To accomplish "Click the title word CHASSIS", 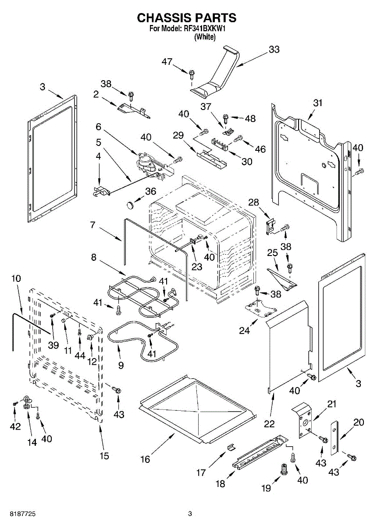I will [x=162, y=18].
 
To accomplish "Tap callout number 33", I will [x=274, y=50].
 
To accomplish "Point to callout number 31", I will [x=317, y=103].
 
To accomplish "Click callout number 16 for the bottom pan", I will [x=145, y=459].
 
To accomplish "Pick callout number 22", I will [x=269, y=424].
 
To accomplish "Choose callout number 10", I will [x=16, y=278].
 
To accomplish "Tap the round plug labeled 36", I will [x=129, y=203].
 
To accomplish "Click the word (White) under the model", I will [x=205, y=37].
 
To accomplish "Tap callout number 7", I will [x=93, y=225].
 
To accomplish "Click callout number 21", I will [x=331, y=404].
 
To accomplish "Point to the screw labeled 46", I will [x=239, y=139].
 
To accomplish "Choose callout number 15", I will [x=104, y=455].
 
